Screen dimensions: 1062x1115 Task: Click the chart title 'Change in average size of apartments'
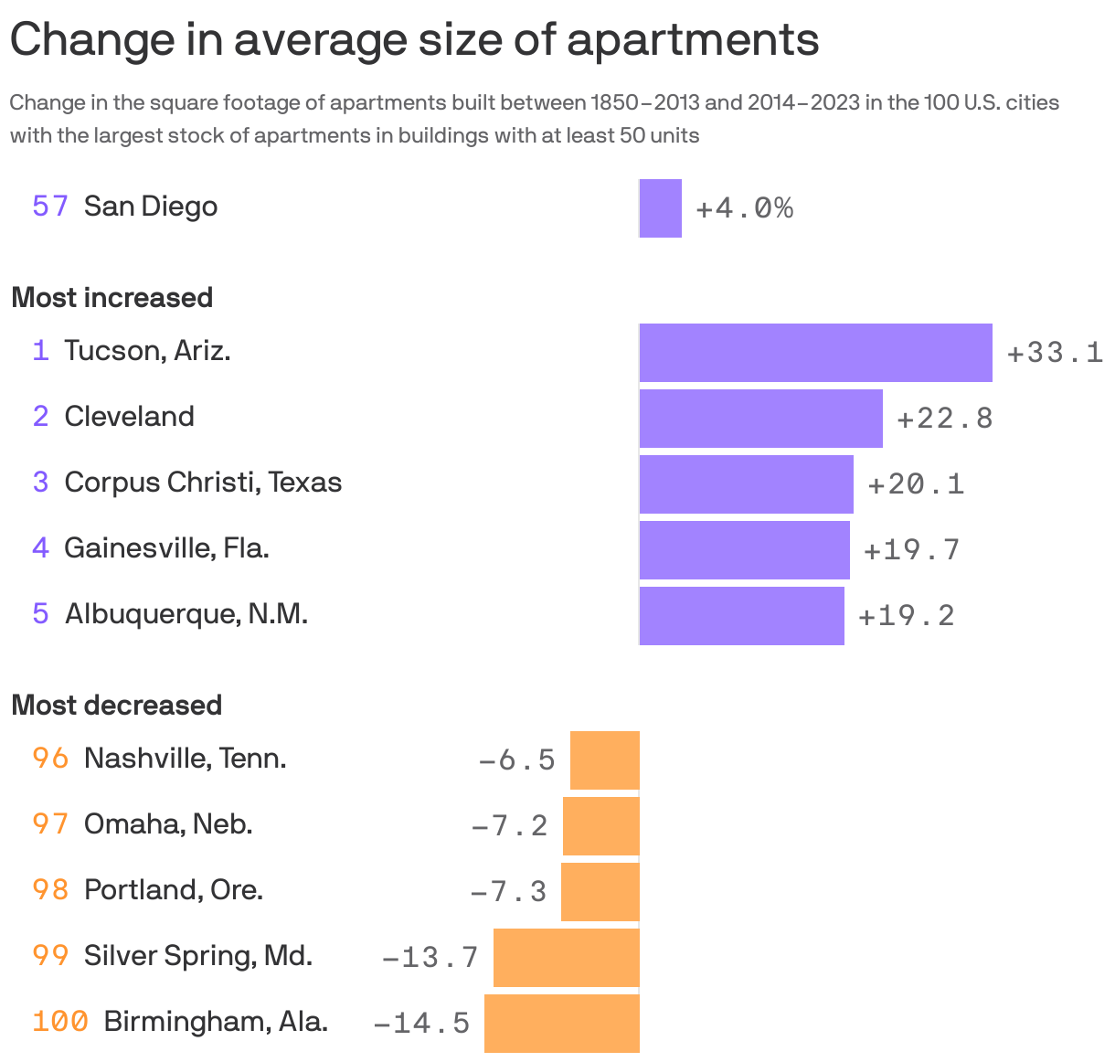pyautogui.click(x=414, y=39)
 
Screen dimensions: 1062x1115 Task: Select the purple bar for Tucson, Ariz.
pyautogui.click(x=815, y=352)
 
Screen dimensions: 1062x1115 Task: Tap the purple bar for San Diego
pyautogui.click(x=660, y=208)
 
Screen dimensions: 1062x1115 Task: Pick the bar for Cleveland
pyautogui.click(x=760, y=418)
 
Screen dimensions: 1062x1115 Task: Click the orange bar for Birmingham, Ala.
pyautogui.click(x=561, y=1023)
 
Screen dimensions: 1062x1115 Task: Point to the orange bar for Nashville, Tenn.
pyautogui.click(x=604, y=759)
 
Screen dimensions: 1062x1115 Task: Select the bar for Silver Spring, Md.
pyautogui.click(x=566, y=957)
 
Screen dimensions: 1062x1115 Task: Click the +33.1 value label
pyautogui.click(x=1055, y=352)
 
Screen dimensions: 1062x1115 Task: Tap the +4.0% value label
pyautogui.click(x=744, y=208)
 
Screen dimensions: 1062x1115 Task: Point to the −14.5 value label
pyautogui.click(x=421, y=1023)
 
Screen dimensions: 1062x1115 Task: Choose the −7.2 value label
pyautogui.click(x=509, y=825)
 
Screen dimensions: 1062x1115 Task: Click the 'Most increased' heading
pyautogui.click(x=112, y=298)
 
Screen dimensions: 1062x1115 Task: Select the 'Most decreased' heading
pyautogui.click(x=117, y=706)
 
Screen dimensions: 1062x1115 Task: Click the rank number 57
pyautogui.click(x=50, y=207)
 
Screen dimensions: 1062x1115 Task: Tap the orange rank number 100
pyautogui.click(x=60, y=1021)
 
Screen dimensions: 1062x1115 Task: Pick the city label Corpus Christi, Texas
pyautogui.click(x=203, y=483)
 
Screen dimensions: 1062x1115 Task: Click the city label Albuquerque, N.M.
pyautogui.click(x=186, y=613)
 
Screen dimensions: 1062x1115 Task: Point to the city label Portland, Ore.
pyautogui.click(x=174, y=890)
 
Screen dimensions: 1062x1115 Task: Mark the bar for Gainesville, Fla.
pyautogui.click(x=744, y=549)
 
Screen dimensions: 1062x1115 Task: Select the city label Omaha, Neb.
pyautogui.click(x=168, y=824)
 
